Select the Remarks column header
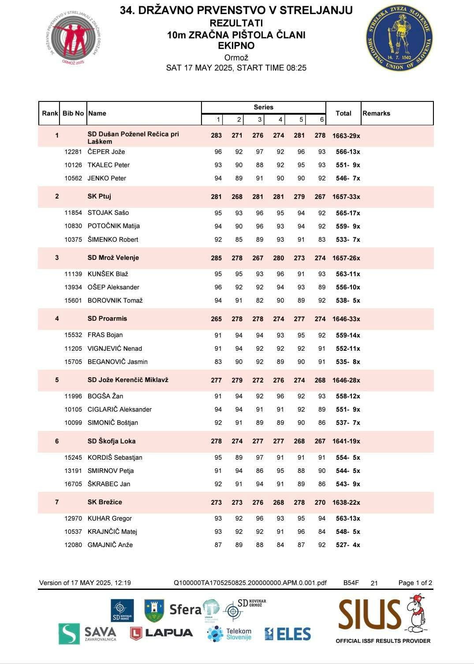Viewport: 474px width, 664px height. point(376,113)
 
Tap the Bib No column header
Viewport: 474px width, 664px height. point(73,113)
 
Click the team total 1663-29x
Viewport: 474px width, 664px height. point(346,136)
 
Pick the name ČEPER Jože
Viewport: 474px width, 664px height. point(106,152)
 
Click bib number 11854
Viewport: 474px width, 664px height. point(73,213)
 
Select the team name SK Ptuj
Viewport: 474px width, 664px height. point(99,196)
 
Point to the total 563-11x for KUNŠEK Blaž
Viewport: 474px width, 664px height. point(348,274)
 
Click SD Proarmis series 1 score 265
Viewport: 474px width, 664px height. point(216,319)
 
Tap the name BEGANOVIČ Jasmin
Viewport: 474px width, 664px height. point(117,362)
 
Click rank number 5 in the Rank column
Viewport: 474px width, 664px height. point(57,380)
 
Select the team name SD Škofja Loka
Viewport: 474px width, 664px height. point(112,441)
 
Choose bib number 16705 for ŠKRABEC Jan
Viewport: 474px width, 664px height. point(73,484)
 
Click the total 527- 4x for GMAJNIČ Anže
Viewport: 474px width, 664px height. point(348,545)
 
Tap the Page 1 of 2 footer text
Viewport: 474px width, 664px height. point(415,583)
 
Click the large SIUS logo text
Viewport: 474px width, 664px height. point(369,614)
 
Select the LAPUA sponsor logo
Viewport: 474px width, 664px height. point(161,633)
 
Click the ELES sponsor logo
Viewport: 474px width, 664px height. point(287,634)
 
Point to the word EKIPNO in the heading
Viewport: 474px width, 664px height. point(236,45)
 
